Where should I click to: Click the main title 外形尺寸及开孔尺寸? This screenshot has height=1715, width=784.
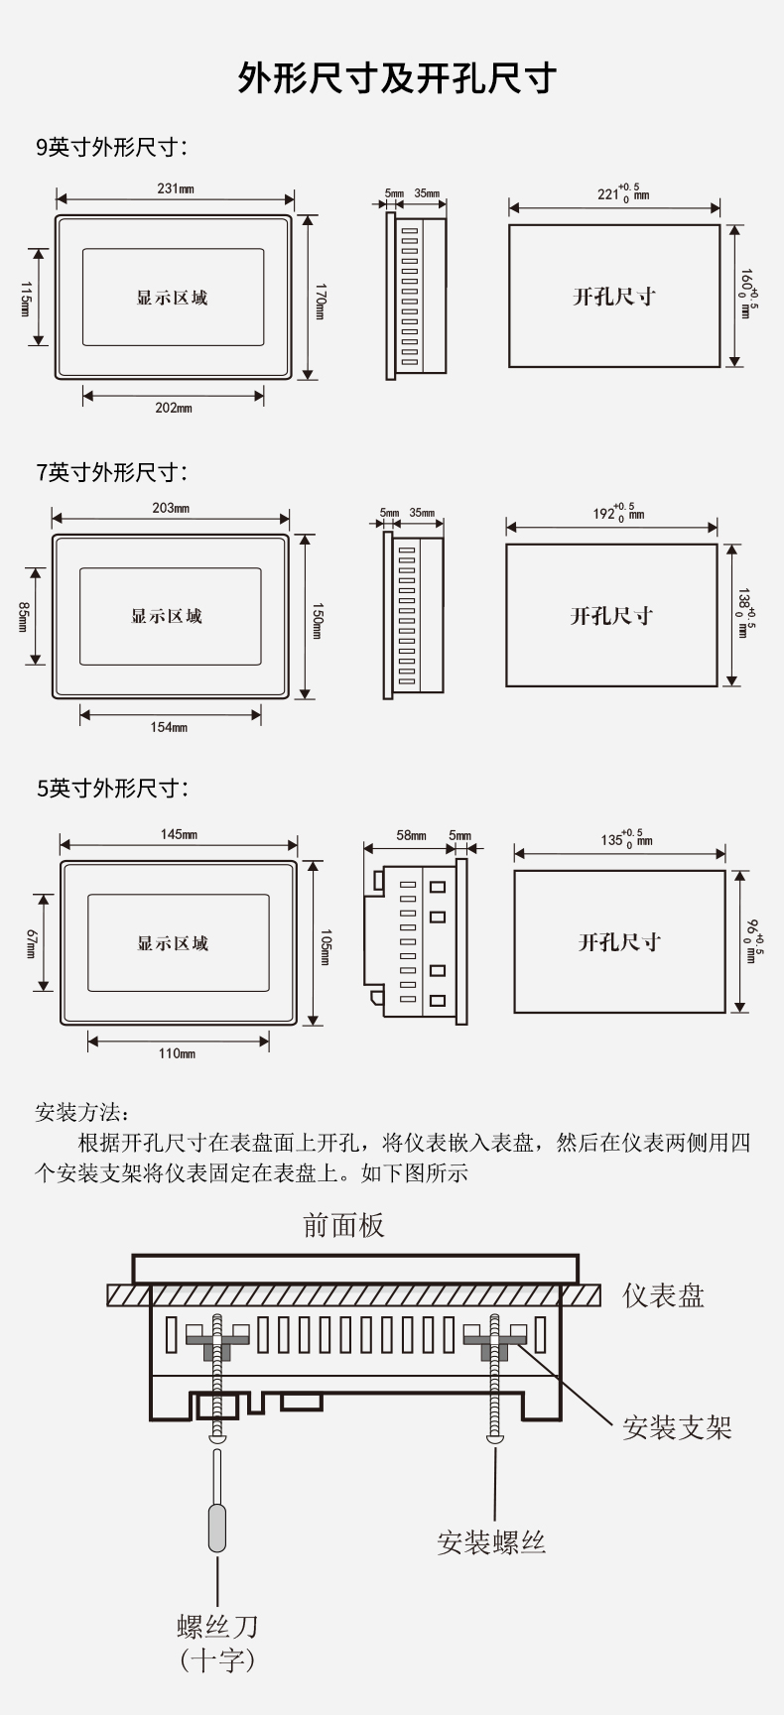(x=397, y=78)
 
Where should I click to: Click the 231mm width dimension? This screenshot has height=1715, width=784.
(x=176, y=188)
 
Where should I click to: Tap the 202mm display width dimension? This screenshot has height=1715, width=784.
(x=174, y=408)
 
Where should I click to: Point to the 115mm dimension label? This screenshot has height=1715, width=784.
(x=27, y=299)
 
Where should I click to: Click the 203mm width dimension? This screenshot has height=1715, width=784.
(x=171, y=508)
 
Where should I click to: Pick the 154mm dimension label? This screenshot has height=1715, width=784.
(x=169, y=727)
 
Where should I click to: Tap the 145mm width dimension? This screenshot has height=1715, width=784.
(x=179, y=834)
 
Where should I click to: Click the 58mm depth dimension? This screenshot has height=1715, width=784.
(x=411, y=835)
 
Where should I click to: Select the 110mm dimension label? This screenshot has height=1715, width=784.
(x=177, y=1053)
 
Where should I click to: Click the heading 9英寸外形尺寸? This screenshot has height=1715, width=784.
(x=111, y=148)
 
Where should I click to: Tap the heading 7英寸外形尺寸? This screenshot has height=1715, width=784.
(x=111, y=472)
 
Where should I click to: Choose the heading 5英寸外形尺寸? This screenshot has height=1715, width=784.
(x=111, y=789)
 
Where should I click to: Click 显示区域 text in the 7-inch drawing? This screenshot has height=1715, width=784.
(x=167, y=616)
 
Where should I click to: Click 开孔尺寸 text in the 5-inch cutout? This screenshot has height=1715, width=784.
(x=619, y=941)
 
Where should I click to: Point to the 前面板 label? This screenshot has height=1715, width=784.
(x=343, y=1226)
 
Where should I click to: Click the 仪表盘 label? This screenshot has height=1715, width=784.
(x=664, y=1295)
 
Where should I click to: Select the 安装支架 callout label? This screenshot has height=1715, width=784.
(x=677, y=1428)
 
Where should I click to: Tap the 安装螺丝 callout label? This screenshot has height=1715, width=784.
(x=491, y=1542)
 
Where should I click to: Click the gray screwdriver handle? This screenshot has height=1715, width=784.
(x=217, y=1528)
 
